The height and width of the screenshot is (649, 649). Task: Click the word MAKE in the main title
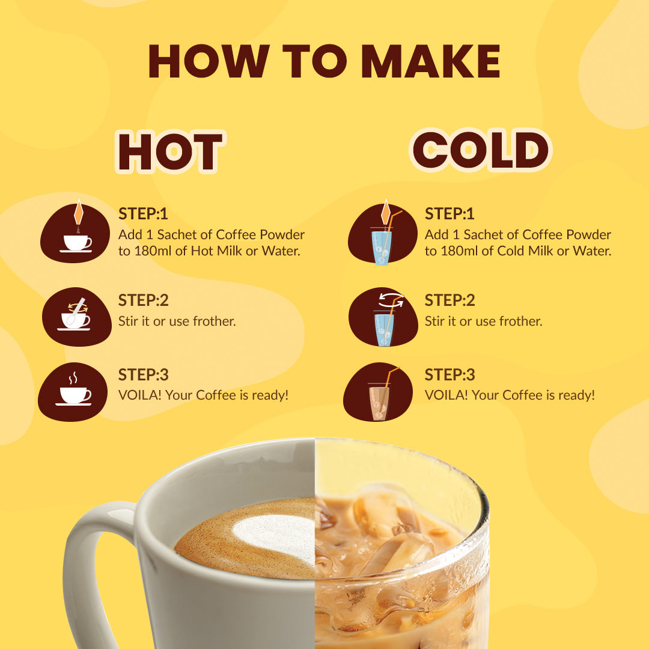pos(431,61)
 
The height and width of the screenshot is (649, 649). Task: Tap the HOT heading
pos(170,151)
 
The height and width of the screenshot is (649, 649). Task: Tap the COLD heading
pos(481,150)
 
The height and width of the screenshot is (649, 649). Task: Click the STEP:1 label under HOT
pos(143,214)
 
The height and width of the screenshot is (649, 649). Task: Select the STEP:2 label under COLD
pos(449,300)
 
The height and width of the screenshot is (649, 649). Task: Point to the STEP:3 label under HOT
pos(143,375)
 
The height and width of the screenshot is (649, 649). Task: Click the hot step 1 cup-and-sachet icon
pos(75,232)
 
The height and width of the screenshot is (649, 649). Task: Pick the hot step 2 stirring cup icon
pos(76,317)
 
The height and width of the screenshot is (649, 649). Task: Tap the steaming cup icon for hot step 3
pos(73,392)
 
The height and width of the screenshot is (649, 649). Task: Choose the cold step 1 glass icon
pos(382,233)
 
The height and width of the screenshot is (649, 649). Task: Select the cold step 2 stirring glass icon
pos(383,317)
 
